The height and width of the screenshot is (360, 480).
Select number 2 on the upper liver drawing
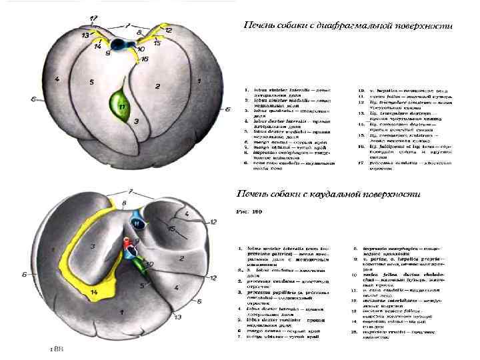point(157,86)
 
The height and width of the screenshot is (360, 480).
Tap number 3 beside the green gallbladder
point(136,121)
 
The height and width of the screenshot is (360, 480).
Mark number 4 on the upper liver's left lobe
point(57,79)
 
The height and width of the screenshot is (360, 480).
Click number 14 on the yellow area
point(93,292)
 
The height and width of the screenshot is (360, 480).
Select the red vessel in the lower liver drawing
point(128,252)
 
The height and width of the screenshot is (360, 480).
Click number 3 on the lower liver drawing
point(94,247)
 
